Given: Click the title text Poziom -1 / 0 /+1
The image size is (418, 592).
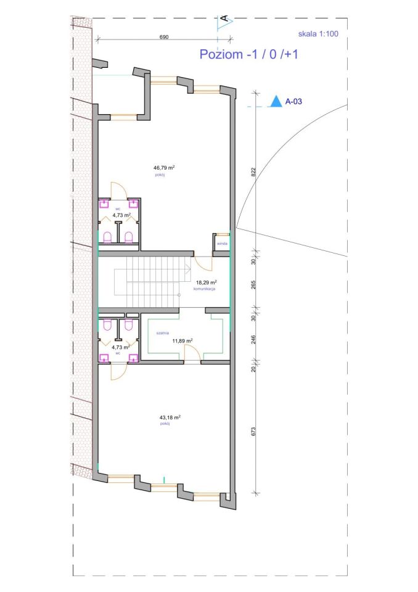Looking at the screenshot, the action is coord(249,54).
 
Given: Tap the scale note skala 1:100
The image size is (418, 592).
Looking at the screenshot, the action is coord(318,33).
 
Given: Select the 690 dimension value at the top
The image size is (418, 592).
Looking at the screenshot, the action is coord(164,37).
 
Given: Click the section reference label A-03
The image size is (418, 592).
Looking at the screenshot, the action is coord(293,101).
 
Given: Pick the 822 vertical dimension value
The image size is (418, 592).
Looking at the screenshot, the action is coord(253,172).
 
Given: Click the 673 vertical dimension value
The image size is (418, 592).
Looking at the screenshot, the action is coord(253,432).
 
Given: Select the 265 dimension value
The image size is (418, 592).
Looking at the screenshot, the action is coord(253,284).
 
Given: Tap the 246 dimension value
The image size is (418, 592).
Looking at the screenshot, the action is coord(253,340).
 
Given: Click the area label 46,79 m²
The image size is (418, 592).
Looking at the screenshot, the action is coord(164,167).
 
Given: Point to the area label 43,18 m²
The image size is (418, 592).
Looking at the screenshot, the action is coord(170,417).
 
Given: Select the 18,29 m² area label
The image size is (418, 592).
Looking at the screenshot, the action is coord(206,282).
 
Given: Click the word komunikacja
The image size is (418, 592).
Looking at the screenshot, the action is coord(204,289).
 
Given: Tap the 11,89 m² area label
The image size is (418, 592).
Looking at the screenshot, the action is coord(182,340).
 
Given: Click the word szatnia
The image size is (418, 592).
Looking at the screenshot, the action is coord(163,333).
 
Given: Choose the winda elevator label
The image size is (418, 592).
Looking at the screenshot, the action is coord(222,244).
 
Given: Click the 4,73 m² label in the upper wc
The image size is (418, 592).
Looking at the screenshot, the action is coord(121,215).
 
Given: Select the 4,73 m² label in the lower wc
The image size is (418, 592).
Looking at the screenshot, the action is coord(121,347).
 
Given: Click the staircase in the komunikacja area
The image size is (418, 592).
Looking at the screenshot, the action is coord(151,282).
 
